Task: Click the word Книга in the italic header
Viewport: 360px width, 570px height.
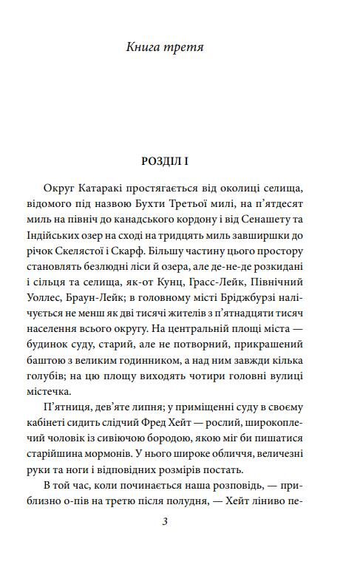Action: pyautogui.click(x=145, y=48)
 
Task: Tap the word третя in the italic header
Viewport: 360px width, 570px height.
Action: pyautogui.click(x=184, y=48)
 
